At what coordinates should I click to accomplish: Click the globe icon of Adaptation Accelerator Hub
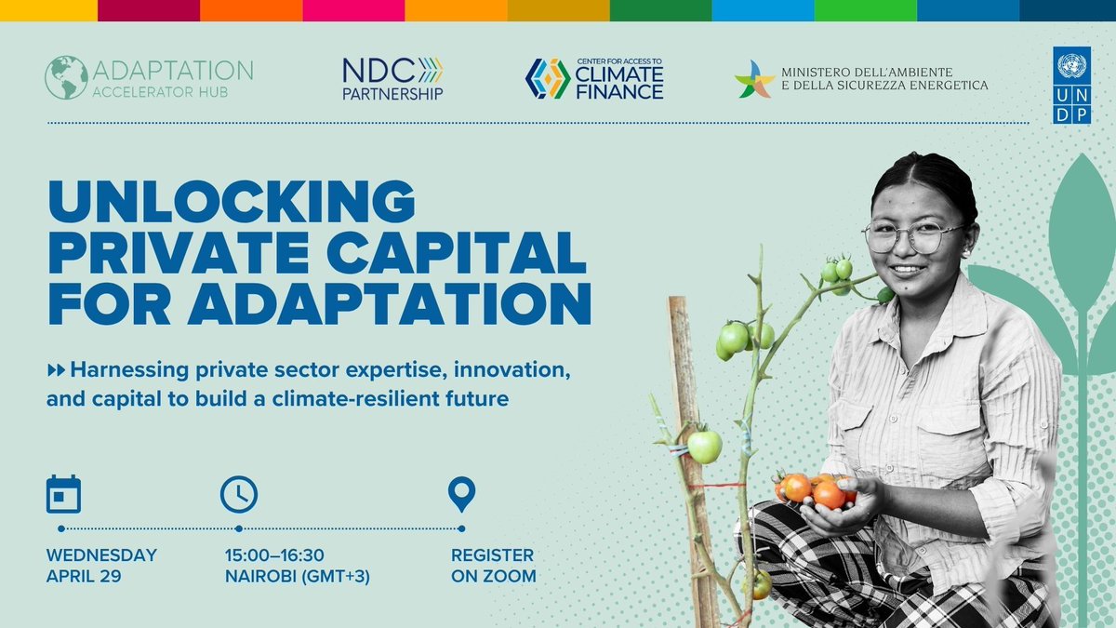pos(65,77)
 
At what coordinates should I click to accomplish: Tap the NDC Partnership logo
pos(392,78)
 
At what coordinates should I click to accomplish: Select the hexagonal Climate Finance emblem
pos(548,78)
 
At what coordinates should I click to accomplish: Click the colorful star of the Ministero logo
pos(754,79)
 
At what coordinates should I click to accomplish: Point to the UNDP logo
pos(1071,85)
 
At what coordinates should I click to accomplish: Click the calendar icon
pos(63,494)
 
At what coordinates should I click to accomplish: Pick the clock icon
pos(238,494)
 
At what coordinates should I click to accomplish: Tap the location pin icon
pos(461,494)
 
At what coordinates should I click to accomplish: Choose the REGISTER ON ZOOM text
pos(493,566)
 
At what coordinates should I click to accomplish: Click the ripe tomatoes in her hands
pos(814,489)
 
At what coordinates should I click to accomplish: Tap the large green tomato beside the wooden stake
pos(704,446)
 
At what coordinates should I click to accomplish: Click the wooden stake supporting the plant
pos(689,391)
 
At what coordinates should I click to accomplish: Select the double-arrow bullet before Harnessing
pos(56,371)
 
